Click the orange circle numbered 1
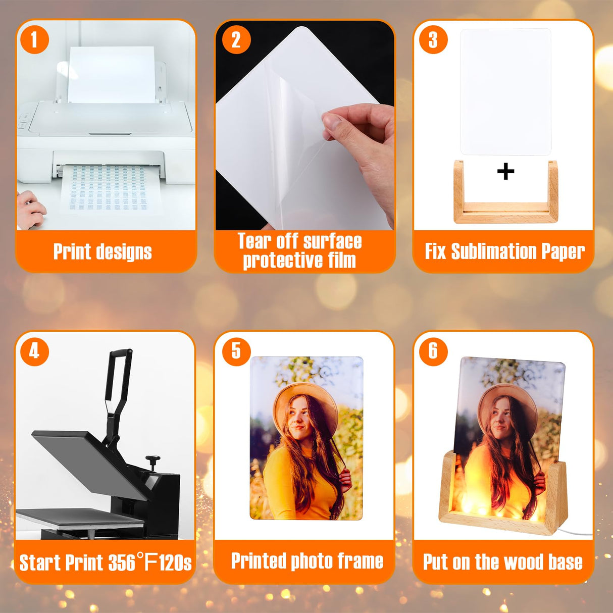pyautogui.click(x=34, y=39)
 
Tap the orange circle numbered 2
pyautogui.click(x=236, y=40)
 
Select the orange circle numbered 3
pyautogui.click(x=433, y=40)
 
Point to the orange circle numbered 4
pyautogui.click(x=34, y=351)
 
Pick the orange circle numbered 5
pyautogui.click(x=236, y=351)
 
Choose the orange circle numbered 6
pyautogui.click(x=433, y=351)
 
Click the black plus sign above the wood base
pyautogui.click(x=505, y=172)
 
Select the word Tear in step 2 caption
pyautogui.click(x=254, y=241)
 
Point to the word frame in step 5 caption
pyautogui.click(x=360, y=561)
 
